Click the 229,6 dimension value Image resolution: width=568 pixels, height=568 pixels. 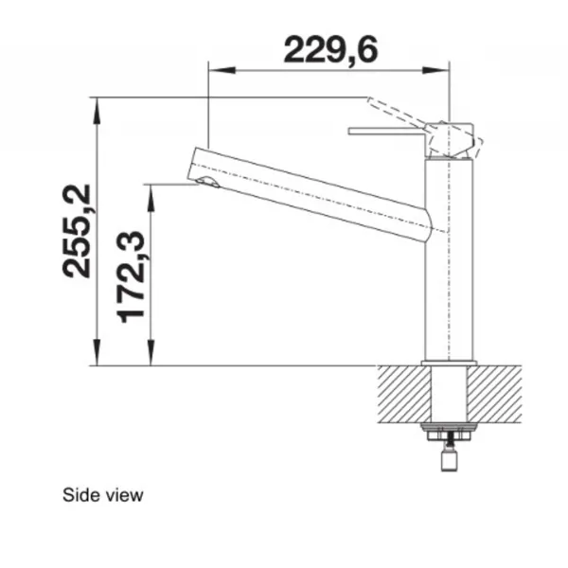pyautogui.click(x=330, y=50)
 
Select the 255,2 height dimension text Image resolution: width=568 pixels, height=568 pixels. pyautogui.click(x=77, y=232)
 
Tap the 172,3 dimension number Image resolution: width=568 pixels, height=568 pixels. pyautogui.click(x=131, y=276)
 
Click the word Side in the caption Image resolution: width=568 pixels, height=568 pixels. pyautogui.click(x=77, y=495)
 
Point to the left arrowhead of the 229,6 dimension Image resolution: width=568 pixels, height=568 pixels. pyautogui.click(x=222, y=70)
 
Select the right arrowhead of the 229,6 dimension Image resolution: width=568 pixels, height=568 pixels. pyautogui.click(x=435, y=70)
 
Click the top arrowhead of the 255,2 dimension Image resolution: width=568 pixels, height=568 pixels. pyautogui.click(x=97, y=111)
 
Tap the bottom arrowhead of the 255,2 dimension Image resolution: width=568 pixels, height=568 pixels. pyautogui.click(x=97, y=352)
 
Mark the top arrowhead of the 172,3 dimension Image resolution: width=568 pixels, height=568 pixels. pyautogui.click(x=151, y=198)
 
